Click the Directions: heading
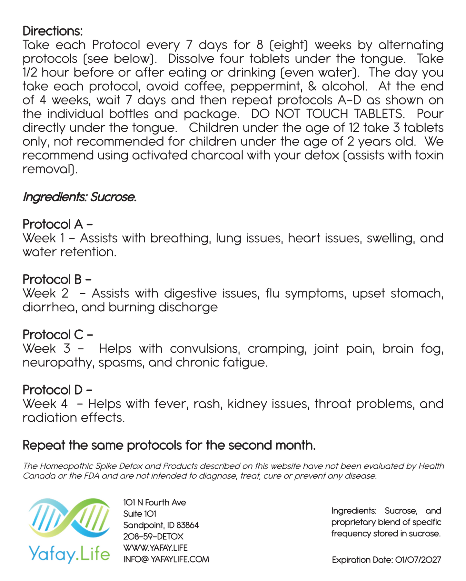[53, 31]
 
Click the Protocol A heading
[57, 224]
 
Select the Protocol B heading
[57, 279]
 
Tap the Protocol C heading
[57, 335]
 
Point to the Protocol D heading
[57, 390]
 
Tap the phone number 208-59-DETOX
[153, 536]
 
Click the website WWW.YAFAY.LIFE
[155, 548]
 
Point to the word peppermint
[266, 86]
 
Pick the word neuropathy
[58, 363]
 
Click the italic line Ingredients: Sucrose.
[80, 197]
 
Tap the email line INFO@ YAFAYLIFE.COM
[166, 559]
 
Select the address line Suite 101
[140, 514]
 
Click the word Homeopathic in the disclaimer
[67, 466]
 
